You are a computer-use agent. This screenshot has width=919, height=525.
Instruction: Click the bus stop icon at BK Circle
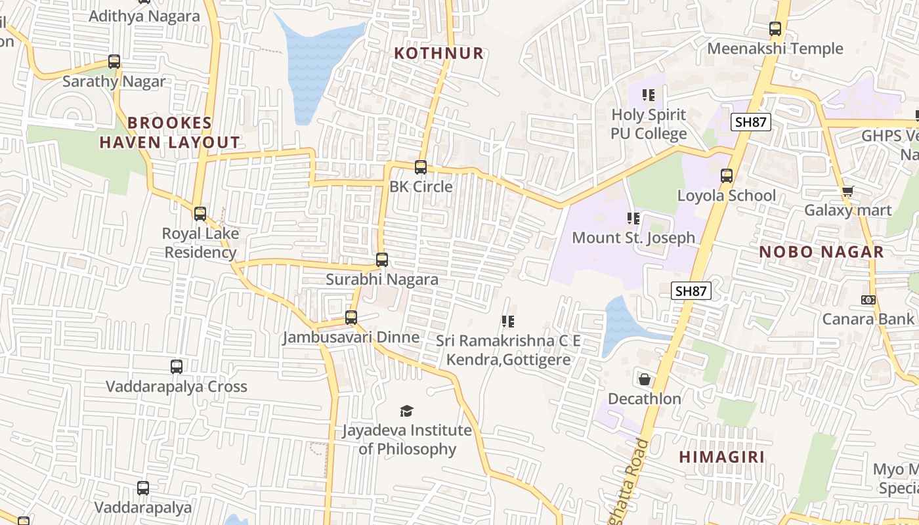[x=421, y=167]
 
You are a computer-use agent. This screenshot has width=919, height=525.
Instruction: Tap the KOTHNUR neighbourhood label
[x=438, y=53]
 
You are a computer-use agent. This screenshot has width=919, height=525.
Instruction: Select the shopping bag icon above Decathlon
[x=645, y=379]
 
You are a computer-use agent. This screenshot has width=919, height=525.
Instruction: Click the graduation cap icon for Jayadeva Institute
[x=407, y=411]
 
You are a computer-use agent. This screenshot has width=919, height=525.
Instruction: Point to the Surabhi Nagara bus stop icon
[x=382, y=260]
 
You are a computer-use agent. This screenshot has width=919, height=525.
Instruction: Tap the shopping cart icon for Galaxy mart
[x=847, y=192]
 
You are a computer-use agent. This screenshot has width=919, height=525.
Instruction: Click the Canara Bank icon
[x=868, y=300]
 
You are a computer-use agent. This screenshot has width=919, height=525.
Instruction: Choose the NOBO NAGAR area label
[x=821, y=252]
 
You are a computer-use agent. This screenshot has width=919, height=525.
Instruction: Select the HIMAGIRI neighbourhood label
[x=721, y=457]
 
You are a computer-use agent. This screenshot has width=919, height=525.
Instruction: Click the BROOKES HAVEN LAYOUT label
[x=170, y=133]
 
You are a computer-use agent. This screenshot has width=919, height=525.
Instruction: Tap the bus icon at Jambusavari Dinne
[x=351, y=318]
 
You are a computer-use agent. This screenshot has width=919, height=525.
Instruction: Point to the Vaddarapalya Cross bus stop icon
[x=177, y=367]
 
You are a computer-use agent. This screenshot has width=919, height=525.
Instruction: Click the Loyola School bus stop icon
[x=727, y=176]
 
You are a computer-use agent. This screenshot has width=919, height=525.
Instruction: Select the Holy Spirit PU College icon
[x=649, y=95]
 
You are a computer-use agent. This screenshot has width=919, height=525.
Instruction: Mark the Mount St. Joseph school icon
[x=633, y=219]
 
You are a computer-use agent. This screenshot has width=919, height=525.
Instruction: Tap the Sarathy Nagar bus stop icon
[x=114, y=62]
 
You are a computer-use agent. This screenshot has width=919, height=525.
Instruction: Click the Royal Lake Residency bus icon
[x=200, y=214]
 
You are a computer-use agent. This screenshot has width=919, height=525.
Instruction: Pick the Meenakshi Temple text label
[x=775, y=49]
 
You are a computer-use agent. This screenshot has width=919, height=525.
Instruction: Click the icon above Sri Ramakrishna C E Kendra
[x=507, y=322]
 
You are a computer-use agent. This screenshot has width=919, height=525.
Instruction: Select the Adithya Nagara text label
[x=144, y=16]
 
